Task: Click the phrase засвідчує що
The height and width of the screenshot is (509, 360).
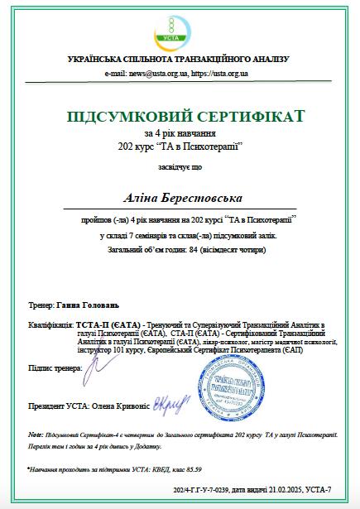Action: (180, 168)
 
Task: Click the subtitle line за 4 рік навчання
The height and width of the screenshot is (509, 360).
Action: (180, 133)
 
